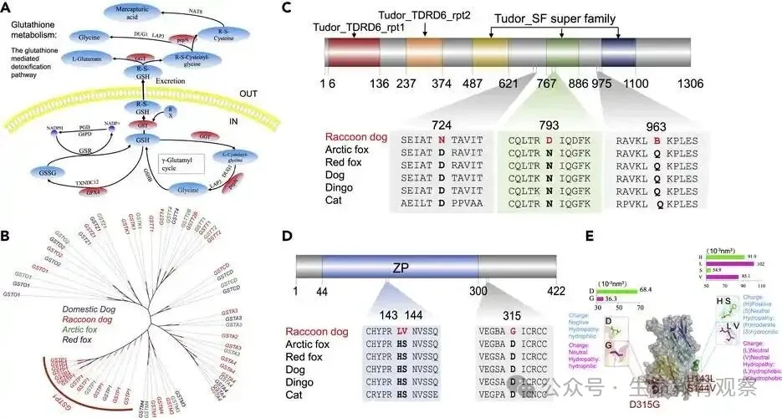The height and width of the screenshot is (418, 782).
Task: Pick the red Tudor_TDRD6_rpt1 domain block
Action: [354, 64]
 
